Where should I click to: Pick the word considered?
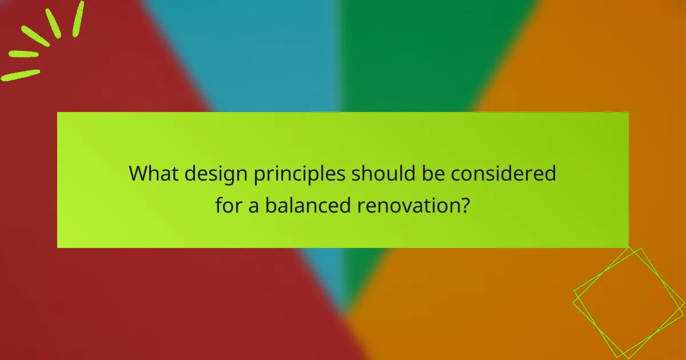[x=503, y=173]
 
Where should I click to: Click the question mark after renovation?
[x=466, y=205]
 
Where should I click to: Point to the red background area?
[x=143, y=303]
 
